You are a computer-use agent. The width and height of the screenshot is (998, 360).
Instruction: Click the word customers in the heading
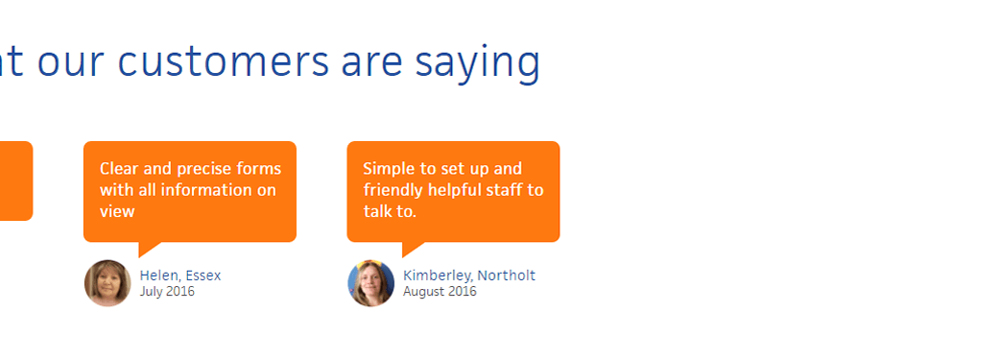pos(224,61)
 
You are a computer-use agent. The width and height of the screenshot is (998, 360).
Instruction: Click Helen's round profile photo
pos(107,283)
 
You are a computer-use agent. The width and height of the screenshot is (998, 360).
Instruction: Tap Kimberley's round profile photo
pos(371,283)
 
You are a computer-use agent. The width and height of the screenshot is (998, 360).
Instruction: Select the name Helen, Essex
pos(180,276)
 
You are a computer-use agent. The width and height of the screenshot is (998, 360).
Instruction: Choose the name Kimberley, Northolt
pos(469,276)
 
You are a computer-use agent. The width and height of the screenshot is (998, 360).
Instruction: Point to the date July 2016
pos(167,292)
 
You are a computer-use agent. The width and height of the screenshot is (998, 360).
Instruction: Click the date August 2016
pos(440,292)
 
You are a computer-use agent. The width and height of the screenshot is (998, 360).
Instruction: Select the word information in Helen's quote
pos(207,190)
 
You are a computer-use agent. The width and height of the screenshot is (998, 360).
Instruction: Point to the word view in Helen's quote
pos(117,211)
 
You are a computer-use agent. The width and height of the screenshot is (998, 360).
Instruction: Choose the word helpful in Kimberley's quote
pos(455,190)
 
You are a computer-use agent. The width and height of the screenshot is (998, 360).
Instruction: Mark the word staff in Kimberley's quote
pos(504,190)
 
